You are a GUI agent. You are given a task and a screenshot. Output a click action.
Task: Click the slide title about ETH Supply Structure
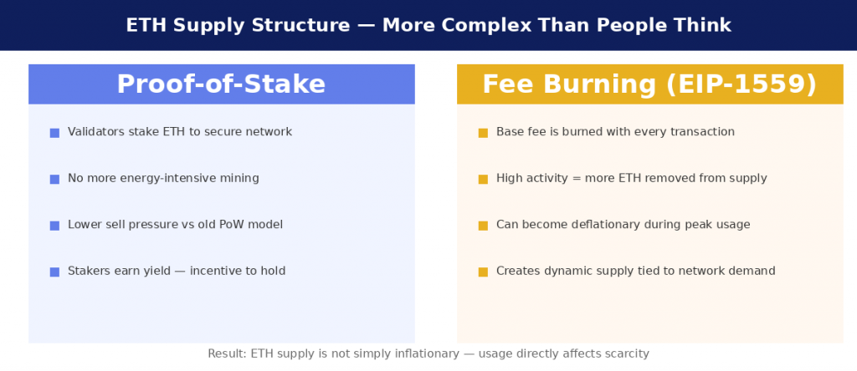click(428, 25)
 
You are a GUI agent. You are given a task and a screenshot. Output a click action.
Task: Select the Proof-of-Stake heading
click(221, 84)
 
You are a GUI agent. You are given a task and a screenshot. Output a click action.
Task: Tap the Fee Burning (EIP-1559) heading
click(649, 84)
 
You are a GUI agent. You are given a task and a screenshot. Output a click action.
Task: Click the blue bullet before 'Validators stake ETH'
click(54, 133)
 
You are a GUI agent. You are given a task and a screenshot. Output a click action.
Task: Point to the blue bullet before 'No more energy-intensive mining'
click(54, 179)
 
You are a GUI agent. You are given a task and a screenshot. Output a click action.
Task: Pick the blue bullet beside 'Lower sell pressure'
click(54, 226)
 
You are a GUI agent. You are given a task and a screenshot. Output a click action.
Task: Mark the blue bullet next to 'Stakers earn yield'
click(54, 272)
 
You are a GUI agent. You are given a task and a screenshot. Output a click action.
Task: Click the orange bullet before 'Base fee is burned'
click(483, 133)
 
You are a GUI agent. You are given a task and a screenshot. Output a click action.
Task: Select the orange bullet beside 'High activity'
click(483, 179)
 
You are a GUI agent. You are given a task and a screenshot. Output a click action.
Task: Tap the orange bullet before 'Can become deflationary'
click(483, 226)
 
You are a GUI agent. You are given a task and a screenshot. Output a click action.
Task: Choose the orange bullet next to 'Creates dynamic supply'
click(483, 272)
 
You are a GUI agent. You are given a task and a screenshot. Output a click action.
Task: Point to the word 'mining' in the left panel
click(239, 179)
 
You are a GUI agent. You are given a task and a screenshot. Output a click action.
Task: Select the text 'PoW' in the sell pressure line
click(237, 225)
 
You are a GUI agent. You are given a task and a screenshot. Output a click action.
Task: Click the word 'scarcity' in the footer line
click(624, 354)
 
